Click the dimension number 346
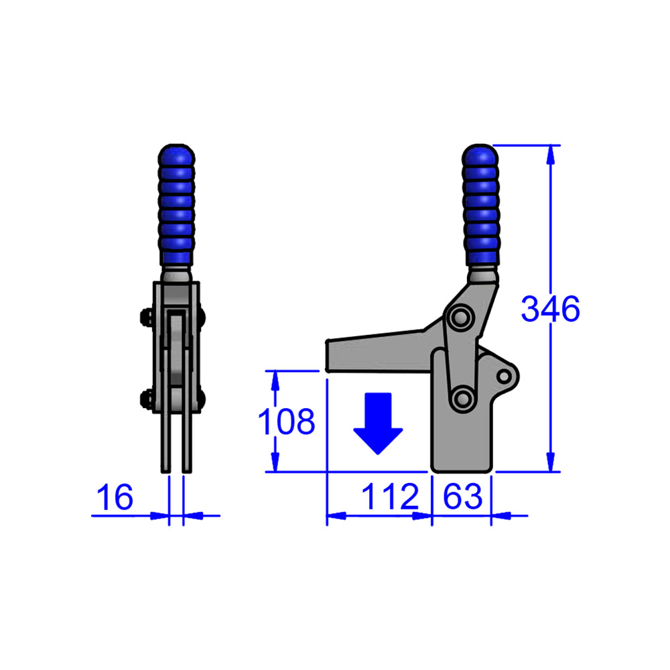[x=550, y=310]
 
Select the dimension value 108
[x=287, y=422]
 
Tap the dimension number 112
[x=390, y=497]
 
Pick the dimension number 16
[x=115, y=498]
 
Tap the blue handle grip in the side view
[x=480, y=204]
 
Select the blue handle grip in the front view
[x=176, y=204]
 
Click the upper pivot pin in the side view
[x=460, y=317]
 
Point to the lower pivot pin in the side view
[x=461, y=399]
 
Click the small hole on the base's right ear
[x=504, y=376]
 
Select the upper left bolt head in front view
[x=145, y=318]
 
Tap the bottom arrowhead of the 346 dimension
[x=551, y=462]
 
